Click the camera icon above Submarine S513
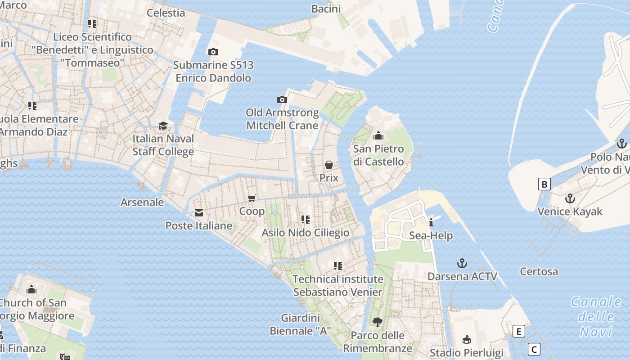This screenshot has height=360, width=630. (213, 52)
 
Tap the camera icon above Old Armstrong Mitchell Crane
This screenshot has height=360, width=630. (282, 99)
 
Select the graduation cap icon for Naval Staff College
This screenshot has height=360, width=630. (163, 126)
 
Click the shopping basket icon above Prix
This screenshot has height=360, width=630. (329, 165)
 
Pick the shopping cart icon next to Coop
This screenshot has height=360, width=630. (252, 198)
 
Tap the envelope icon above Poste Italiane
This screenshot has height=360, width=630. (198, 213)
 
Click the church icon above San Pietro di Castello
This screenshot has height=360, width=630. (378, 135)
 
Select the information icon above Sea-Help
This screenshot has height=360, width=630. (431, 222)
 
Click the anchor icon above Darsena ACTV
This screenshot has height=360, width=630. (462, 263)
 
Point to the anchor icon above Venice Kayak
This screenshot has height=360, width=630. (570, 198)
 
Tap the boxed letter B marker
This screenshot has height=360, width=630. (544, 184)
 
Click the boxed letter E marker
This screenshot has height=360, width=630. (519, 332)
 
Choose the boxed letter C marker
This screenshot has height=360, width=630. (534, 349)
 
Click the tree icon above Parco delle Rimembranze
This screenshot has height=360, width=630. (377, 322)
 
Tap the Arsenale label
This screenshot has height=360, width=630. (142, 202)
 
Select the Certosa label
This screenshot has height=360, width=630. (539, 271)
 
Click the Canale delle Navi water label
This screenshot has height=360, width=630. (596, 316)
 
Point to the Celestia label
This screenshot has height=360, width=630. (166, 13)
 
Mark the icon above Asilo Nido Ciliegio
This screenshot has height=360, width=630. (306, 220)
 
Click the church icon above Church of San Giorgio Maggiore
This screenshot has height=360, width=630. (31, 289)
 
